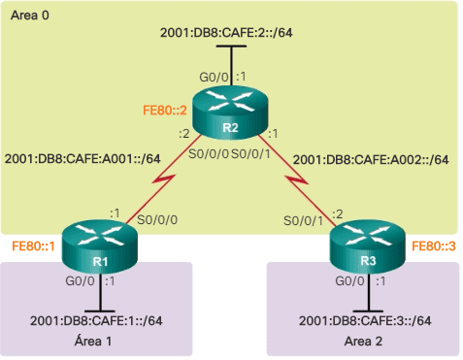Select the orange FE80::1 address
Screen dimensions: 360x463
(x=33, y=246)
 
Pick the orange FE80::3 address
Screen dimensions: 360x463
(x=431, y=246)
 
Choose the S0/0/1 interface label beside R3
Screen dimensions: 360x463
(x=302, y=221)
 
